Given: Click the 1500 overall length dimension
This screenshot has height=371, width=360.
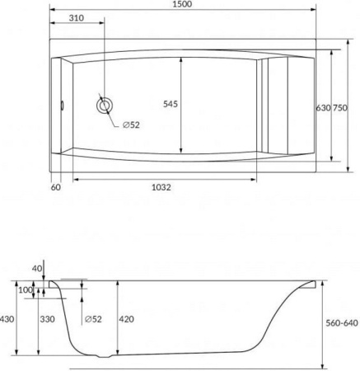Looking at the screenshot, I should [183, 5].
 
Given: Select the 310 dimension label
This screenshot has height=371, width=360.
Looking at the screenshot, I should [76, 18].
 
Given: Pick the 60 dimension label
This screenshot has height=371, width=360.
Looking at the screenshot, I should [56, 187].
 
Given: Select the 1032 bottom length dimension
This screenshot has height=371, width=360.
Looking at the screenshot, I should [161, 187].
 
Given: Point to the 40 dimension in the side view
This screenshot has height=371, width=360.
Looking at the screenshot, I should [35, 268].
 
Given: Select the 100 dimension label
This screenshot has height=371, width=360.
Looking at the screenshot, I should [26, 290].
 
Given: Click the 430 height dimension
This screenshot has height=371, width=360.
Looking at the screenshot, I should [7, 319].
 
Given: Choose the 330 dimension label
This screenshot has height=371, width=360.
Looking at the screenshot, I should [47, 319].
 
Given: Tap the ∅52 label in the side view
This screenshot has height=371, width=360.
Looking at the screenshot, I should [92, 319].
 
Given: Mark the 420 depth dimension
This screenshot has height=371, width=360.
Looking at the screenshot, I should [126, 319].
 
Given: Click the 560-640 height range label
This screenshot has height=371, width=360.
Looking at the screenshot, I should [341, 323].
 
